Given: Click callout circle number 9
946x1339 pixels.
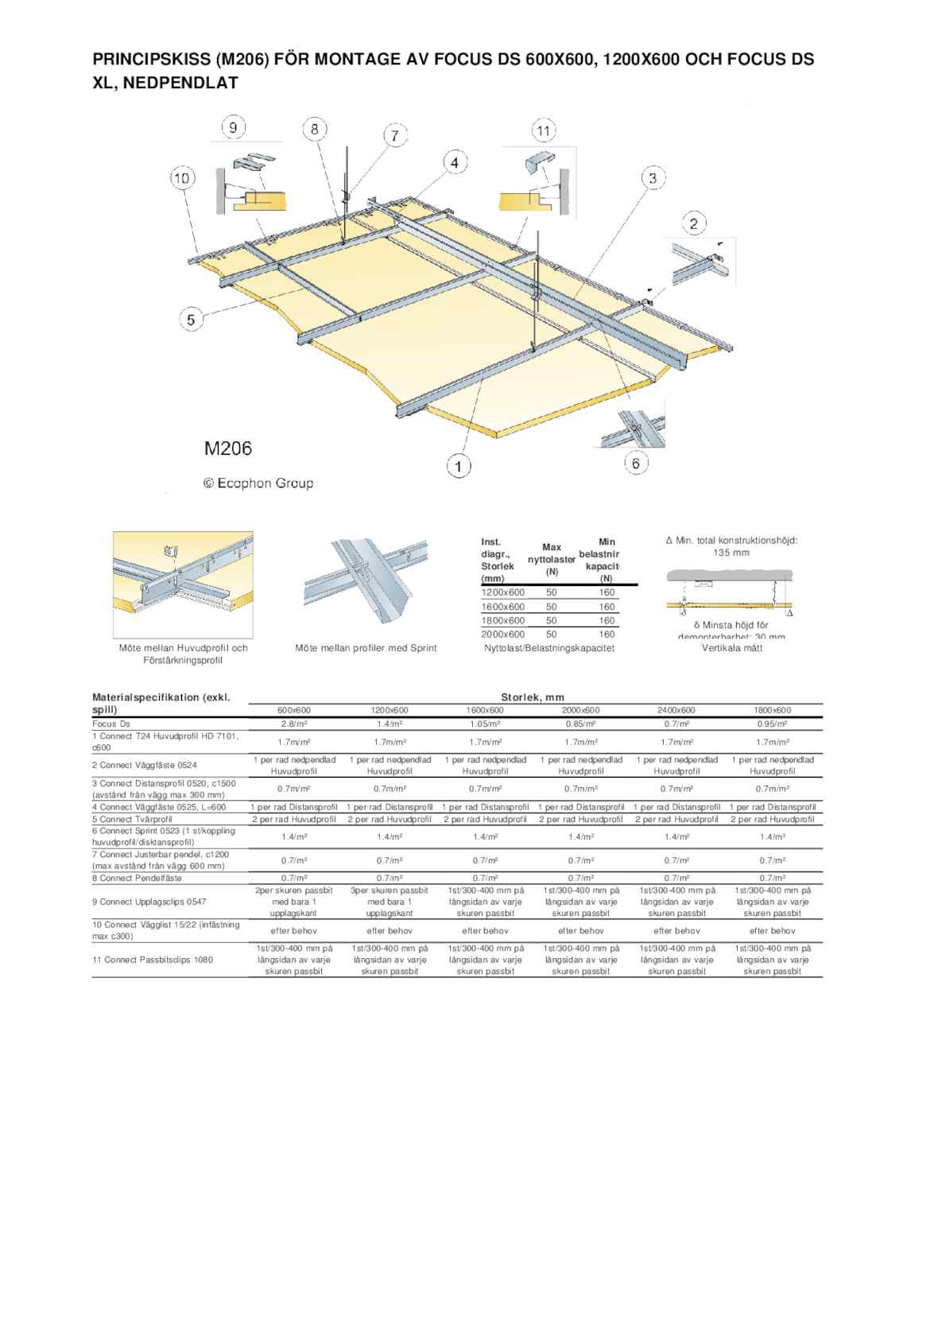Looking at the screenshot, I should coord(233,127).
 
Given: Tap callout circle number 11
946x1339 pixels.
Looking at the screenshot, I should coord(543,130).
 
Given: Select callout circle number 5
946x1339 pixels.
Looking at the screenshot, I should coord(191,320).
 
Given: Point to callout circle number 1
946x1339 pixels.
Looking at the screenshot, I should coord(459,465).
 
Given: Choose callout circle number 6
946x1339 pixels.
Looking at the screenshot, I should coord(636,462).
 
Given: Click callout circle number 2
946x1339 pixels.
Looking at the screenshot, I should coord(693,223).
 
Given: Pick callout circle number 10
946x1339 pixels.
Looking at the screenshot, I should coord(183,178).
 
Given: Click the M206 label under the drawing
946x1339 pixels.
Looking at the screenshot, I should coord(228,448).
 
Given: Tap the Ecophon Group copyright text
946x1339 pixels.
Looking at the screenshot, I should coord(258,483).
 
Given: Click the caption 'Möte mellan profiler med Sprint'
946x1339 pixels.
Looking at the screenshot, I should coord(366,648).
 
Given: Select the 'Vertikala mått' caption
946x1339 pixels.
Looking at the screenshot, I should coord(731,648).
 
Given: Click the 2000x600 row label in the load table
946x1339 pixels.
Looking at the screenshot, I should coord(503,635).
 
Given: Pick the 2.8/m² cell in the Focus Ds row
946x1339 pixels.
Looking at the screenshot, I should coord(294,724).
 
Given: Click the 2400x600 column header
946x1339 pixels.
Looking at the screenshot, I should coord(677,710).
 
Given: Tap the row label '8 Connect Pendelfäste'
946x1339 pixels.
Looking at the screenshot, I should coord(137,878).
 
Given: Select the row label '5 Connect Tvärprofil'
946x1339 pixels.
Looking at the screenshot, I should coord(132,819).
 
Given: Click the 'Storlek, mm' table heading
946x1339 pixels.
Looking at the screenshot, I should coord(533,697).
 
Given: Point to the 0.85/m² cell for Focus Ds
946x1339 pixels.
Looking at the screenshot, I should coord(580,724).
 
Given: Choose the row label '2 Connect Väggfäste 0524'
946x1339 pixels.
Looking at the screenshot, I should coord(144,765).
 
